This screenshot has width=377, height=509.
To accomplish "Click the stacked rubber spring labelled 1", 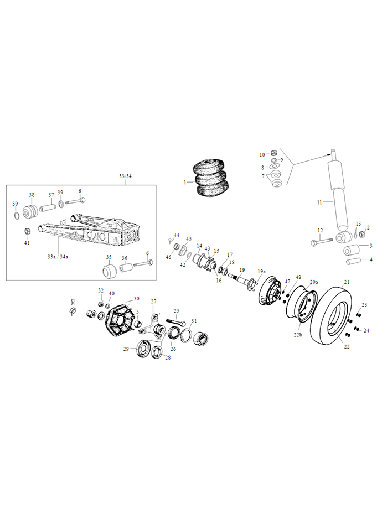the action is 211,178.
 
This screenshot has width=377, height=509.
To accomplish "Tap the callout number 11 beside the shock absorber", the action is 319,202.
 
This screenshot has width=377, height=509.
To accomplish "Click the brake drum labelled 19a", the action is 270,291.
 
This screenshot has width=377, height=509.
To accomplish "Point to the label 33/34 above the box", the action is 125,176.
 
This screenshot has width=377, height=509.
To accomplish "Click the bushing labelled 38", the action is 30,212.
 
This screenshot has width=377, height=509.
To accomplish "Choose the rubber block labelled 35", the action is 110,272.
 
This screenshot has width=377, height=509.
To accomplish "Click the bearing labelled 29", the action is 143,349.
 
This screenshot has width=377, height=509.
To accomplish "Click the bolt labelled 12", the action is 321,242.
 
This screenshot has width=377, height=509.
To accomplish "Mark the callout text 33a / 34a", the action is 58,257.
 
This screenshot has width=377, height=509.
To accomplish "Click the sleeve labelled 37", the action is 48,207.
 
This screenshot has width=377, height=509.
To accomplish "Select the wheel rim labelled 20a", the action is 301,304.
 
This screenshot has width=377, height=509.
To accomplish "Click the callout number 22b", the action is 297,335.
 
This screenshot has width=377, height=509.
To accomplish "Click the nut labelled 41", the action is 27,231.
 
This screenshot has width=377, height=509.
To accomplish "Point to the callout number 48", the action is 298,277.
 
